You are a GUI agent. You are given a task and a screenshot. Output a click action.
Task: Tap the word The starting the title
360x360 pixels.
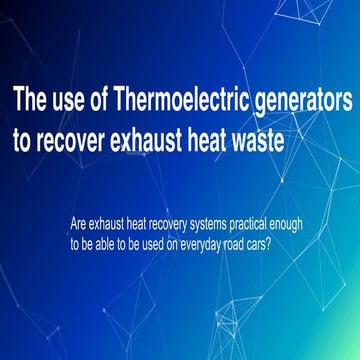click(x=31, y=102)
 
